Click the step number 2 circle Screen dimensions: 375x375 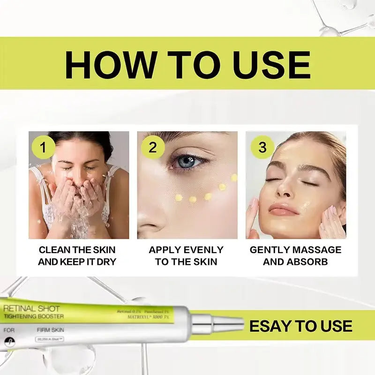tap(152, 148)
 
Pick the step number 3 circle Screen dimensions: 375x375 tap(262, 148)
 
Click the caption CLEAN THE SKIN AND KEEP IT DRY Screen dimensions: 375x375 tap(77, 255)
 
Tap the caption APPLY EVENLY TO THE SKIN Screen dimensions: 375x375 tap(186, 255)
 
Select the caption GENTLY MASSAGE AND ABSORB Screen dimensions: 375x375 tap(295, 255)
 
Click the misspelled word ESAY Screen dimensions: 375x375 tap(270, 326)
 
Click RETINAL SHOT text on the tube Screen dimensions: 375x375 tap(31, 308)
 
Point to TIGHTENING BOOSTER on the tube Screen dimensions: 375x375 tap(34, 316)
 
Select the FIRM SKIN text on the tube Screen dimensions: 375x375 tap(50, 330)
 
